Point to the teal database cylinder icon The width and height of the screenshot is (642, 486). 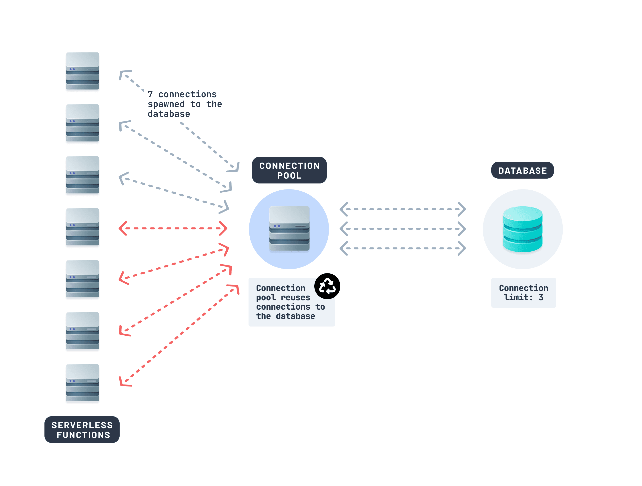click(522, 229)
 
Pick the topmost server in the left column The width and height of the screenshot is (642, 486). click(82, 71)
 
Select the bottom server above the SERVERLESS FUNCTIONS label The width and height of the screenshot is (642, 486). click(82, 383)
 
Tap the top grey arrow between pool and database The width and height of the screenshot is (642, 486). click(403, 209)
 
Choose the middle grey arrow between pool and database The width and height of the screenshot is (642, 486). click(403, 229)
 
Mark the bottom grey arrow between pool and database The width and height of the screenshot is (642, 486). click(403, 248)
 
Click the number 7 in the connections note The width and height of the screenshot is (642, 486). click(150, 95)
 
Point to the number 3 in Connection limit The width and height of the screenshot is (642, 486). click(541, 297)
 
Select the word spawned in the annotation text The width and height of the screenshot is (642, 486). click(166, 104)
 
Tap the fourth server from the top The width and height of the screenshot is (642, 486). click(82, 227)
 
